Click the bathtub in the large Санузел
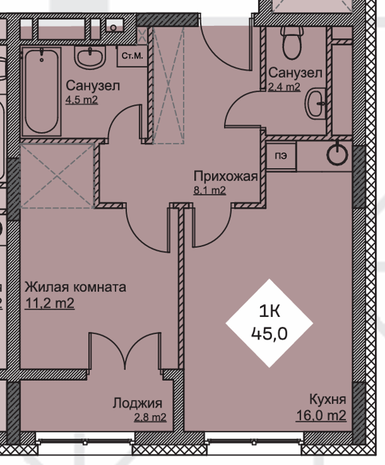[x=41, y=92]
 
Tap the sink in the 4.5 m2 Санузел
[x=90, y=58]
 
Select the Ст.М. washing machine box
[x=132, y=56]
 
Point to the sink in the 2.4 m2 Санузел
[x=315, y=103]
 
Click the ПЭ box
[x=281, y=155]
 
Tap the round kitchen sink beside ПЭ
[x=337, y=153]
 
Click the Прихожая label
[x=225, y=176]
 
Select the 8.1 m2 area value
[x=209, y=191]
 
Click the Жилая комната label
[x=75, y=287]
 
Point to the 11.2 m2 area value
[x=50, y=303]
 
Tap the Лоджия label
[x=138, y=403]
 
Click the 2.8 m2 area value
[x=150, y=418]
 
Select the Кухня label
[x=328, y=399]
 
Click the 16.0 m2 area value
[x=321, y=415]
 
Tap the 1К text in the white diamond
[x=269, y=312]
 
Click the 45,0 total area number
[x=269, y=333]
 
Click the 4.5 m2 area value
[x=81, y=100]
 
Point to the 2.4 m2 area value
[x=284, y=87]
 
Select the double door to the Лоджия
[x=125, y=351]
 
